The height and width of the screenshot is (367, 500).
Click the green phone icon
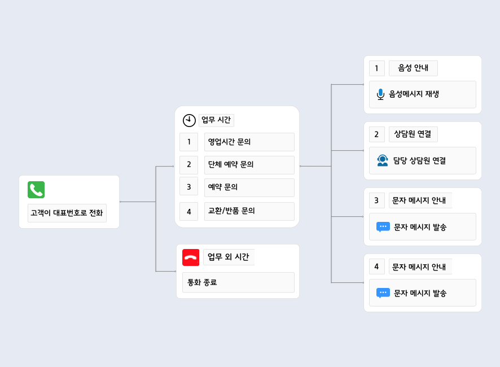tap(36, 190)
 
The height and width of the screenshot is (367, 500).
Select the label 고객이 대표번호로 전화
tap(67, 213)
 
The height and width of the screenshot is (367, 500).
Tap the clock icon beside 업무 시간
tap(189, 120)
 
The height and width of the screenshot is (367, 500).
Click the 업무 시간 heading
tap(216, 120)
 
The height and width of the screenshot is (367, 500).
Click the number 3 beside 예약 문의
tap(189, 187)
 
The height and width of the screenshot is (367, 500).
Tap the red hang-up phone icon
tap(191, 257)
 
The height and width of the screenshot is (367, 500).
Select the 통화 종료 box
tap(238, 282)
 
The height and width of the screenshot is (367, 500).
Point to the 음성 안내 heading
tap(413, 68)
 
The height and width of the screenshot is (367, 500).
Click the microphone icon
tap(380, 94)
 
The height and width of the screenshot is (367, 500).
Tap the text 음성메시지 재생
tap(414, 94)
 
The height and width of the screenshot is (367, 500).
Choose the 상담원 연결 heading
tap(413, 134)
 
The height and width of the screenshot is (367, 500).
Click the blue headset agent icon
tap(382, 160)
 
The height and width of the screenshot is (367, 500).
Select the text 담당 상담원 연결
tap(420, 160)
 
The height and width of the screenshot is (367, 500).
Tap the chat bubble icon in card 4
tap(383, 293)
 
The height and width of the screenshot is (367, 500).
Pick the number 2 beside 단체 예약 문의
tap(189, 165)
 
